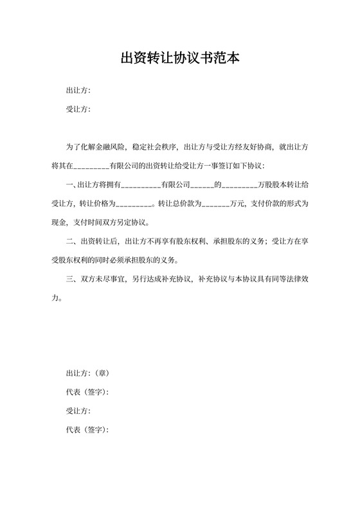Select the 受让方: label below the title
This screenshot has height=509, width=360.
click(78, 109)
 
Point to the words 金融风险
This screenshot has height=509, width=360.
click(113, 147)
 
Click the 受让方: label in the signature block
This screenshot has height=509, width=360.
click(78, 411)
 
